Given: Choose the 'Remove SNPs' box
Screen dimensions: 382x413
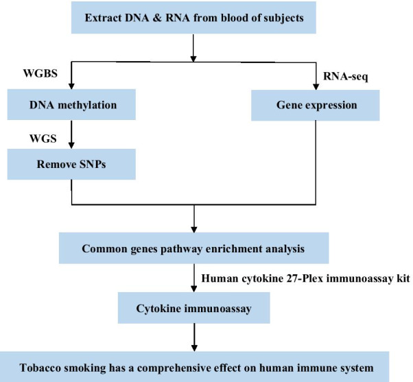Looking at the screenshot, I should tap(72, 166).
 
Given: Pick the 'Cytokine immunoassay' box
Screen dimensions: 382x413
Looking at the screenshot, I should tap(198, 309).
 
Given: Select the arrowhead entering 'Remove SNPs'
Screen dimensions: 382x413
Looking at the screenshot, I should tap(72, 147).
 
